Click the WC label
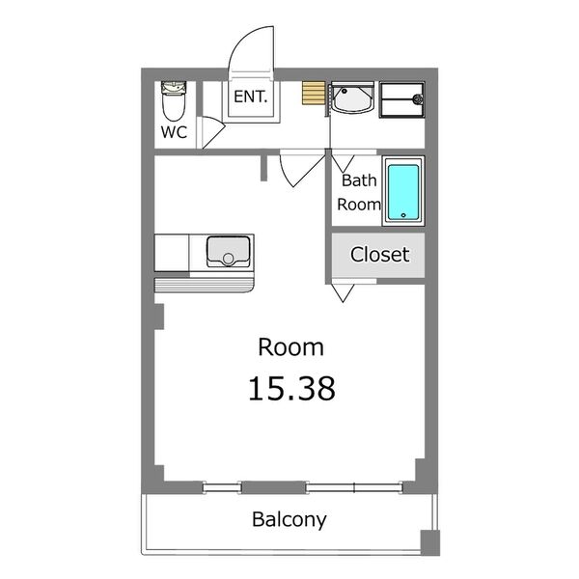pyautogui.click(x=174, y=132)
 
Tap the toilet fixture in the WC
pyautogui.click(x=174, y=100)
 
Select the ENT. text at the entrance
pyautogui.click(x=250, y=96)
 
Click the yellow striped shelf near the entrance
pyautogui.click(x=314, y=93)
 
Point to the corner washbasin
pyautogui.click(x=352, y=97)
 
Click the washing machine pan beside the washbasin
pyautogui.click(x=402, y=100)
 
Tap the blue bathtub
pyautogui.click(x=403, y=193)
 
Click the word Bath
pyautogui.click(x=359, y=180)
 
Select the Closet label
pyautogui.click(x=379, y=255)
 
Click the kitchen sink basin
pyautogui.click(x=228, y=251)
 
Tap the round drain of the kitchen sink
pyautogui.click(x=228, y=259)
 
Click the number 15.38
pyautogui.click(x=291, y=389)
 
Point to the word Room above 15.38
pyautogui.click(x=291, y=347)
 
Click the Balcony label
pyautogui.click(x=289, y=519)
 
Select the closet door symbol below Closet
pyautogui.click(x=343, y=292)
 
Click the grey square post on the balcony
pyautogui.click(x=430, y=542)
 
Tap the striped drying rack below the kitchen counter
pyautogui.click(x=205, y=285)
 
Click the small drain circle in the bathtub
pyautogui.click(x=403, y=215)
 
